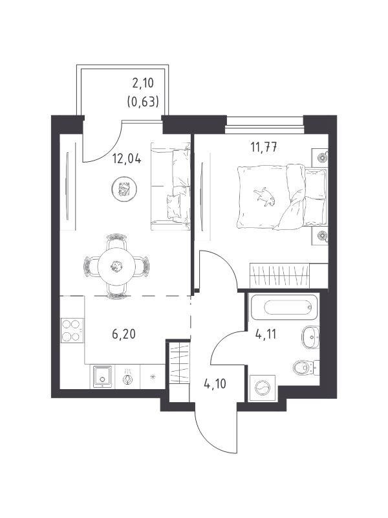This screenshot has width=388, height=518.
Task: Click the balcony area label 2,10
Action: tap(143, 83)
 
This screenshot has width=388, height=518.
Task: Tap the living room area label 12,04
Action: tap(127, 159)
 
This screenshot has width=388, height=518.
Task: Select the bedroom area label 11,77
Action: tap(264, 147)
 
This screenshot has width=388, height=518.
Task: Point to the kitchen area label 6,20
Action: tap(124, 334)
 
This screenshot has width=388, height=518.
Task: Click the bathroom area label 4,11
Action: tap(266, 334)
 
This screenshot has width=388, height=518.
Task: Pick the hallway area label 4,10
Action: tap(215, 384)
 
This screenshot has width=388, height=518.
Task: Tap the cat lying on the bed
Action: tap(264, 197)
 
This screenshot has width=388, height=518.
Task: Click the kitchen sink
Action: tap(103, 376)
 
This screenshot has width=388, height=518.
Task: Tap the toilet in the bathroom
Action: tap(306, 367)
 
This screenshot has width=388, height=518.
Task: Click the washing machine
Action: tap(263, 388)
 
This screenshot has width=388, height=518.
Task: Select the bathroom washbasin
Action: tap(310, 337)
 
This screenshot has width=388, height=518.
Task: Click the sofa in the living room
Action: tap(171, 186)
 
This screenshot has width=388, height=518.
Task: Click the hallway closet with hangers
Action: tap(179, 363)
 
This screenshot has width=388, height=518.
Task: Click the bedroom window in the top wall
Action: tap(264, 120)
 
